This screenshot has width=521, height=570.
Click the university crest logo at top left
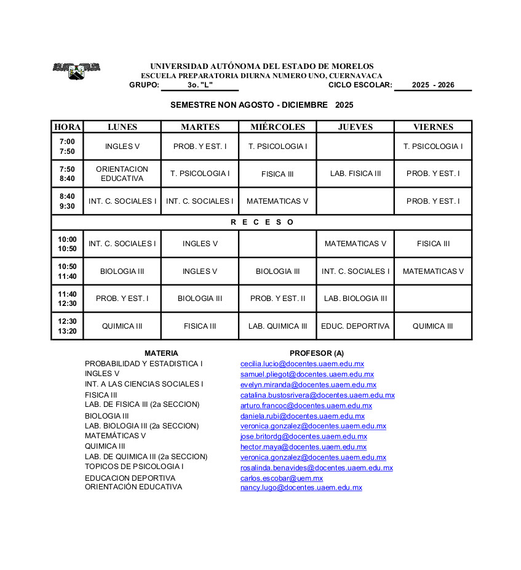click(x=76, y=71)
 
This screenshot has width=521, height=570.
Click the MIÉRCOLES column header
click(x=277, y=127)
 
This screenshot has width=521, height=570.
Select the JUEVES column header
click(x=356, y=127)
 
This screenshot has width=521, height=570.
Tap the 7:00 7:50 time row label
click(x=67, y=147)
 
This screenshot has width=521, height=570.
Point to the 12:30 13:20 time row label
click(x=67, y=326)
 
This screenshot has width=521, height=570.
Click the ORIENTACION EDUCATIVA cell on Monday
click(x=122, y=174)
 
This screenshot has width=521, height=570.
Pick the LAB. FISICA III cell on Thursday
click(x=356, y=174)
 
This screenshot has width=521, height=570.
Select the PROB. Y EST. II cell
click(x=277, y=299)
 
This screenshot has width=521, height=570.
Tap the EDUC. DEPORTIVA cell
click(x=356, y=326)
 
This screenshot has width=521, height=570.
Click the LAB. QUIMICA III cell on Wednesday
click(x=277, y=326)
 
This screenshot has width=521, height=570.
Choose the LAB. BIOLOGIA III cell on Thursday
click(x=356, y=299)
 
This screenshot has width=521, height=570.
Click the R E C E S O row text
click(x=262, y=222)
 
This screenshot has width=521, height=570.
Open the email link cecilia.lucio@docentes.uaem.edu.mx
click(x=302, y=364)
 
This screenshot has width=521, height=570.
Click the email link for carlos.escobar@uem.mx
click(x=281, y=478)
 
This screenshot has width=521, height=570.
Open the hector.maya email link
click(x=303, y=447)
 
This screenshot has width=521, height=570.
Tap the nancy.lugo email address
click(x=301, y=488)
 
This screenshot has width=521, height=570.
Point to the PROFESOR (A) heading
click(x=316, y=353)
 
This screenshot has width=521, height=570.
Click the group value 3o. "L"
click(x=200, y=85)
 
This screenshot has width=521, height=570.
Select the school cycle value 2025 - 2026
click(x=433, y=85)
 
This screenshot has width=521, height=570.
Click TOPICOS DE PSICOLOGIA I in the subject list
click(x=134, y=467)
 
